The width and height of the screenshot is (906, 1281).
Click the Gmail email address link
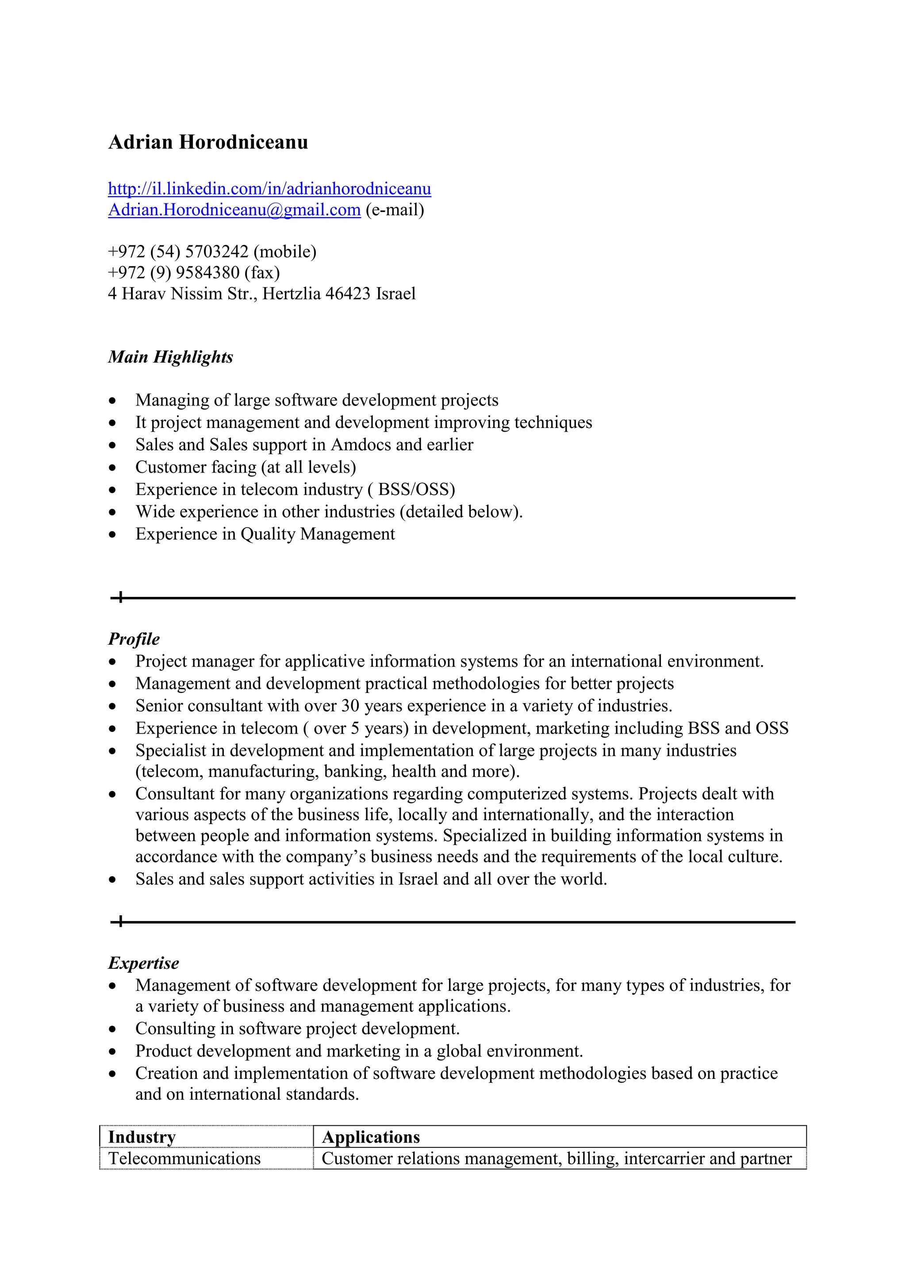234,210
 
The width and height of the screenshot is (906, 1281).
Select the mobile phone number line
212,252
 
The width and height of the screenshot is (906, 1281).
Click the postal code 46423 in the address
347,294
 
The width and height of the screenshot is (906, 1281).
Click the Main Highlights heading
170,357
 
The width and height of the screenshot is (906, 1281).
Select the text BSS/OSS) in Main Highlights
416,489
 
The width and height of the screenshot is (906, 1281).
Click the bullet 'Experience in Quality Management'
265,534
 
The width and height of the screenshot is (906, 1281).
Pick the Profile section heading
134,639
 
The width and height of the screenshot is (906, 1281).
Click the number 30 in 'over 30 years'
349,706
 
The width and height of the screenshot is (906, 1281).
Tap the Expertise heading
143,963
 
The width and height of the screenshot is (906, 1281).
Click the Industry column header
142,1137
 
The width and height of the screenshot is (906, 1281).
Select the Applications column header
371,1137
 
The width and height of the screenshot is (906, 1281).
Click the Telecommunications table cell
184,1158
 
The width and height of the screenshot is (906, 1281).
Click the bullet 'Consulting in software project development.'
297,1028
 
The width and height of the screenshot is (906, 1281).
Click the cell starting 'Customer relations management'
556,1158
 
